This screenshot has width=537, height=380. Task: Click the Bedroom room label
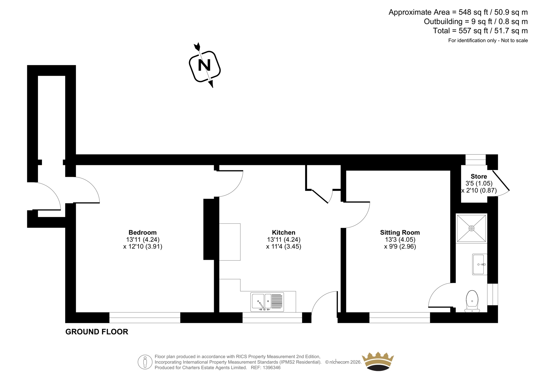tap(143, 233)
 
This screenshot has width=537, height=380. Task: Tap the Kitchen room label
tap(284, 233)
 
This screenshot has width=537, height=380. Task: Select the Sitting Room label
tap(400, 233)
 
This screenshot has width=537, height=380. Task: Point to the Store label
tap(479, 176)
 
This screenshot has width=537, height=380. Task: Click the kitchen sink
tap(267, 302)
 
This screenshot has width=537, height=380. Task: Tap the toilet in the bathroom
tap(472, 301)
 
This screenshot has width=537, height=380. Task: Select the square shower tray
tap(472, 228)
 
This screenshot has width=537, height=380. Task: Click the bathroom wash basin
tap(480, 264)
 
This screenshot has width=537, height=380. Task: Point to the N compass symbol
tap(204, 65)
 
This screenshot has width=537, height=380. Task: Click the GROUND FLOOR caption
tap(97, 332)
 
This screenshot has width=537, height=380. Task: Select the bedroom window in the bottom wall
tap(145, 318)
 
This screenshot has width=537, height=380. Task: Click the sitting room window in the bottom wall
tap(400, 318)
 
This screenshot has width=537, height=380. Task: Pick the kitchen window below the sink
tap(272, 318)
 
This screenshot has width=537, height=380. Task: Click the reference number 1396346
tap(272, 368)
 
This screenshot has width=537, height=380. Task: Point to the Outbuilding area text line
tap(476, 22)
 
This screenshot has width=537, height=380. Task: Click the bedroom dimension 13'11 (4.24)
tap(143, 239)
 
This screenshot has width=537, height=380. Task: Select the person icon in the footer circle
tap(145, 362)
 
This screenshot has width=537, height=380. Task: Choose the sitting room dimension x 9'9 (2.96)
tap(400, 247)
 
